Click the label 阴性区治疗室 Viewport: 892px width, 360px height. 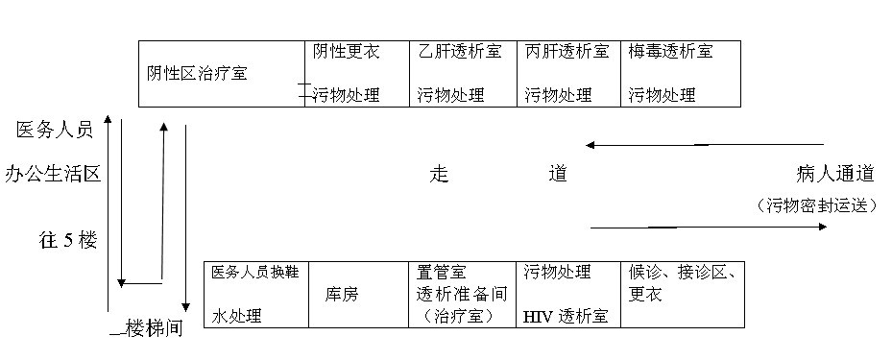pos(196,73)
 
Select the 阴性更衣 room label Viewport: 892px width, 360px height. pos(346,52)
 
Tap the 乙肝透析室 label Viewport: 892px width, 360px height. pos(460,52)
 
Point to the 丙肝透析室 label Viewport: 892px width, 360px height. pos(567,52)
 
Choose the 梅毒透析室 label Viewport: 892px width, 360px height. pos(671,52)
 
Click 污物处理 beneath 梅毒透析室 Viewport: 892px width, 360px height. pos(662,95)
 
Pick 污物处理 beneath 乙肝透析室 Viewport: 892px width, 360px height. pos(450,95)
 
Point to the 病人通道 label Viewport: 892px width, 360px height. pos(835,174)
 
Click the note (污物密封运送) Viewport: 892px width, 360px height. pos(816,204)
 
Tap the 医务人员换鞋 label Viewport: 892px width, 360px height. pos(255,273)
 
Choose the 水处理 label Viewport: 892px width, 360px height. pos(236,316)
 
